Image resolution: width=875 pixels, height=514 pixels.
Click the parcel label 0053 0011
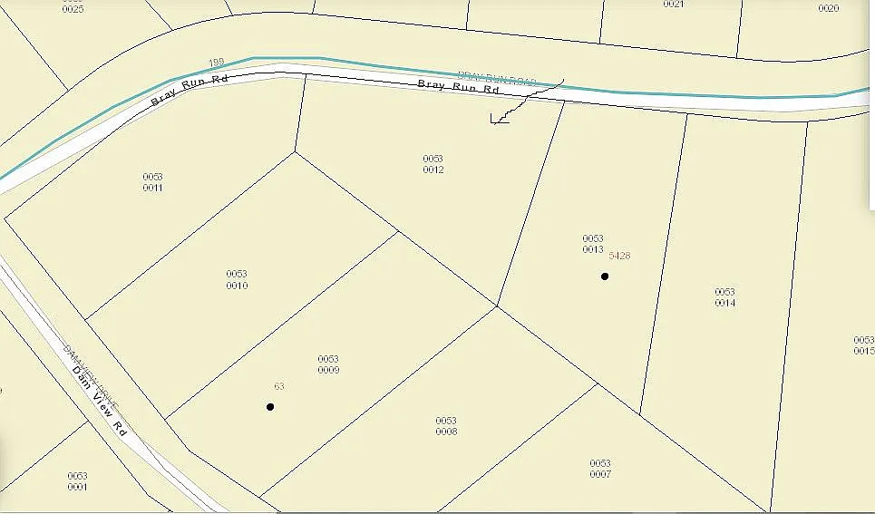click(152, 181)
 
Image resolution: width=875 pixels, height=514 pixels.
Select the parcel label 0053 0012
click(433, 164)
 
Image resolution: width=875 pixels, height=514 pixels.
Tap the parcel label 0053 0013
click(593, 244)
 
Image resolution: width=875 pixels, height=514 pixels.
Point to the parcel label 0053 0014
click(724, 297)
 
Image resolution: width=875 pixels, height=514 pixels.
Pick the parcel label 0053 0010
click(237, 279)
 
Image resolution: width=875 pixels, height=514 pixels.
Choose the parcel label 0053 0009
click(328, 364)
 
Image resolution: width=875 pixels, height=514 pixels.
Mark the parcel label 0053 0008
click(446, 426)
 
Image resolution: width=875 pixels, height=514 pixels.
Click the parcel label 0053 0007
click(600, 469)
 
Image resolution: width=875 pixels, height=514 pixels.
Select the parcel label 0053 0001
click(77, 480)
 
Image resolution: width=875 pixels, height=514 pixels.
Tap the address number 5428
click(620, 257)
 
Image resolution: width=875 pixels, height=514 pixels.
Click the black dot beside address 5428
click(605, 276)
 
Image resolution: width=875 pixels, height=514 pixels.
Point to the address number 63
click(279, 387)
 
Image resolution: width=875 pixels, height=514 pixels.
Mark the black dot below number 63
click(270, 407)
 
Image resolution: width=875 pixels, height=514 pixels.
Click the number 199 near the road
click(216, 63)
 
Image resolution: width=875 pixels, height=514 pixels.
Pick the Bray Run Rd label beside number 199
click(188, 90)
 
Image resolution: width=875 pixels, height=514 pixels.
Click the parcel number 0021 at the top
click(673, 5)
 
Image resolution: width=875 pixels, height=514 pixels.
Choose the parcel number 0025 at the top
click(73, 8)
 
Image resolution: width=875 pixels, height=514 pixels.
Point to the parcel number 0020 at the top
click(829, 8)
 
